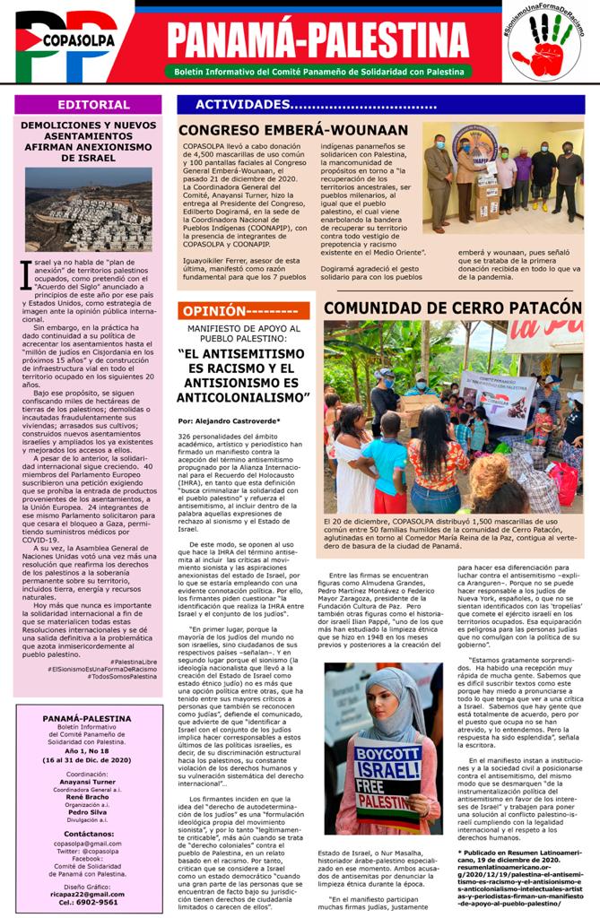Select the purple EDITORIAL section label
pos(88,105)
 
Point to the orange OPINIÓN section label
pos(243,311)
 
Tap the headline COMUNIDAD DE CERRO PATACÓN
pos(452,307)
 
